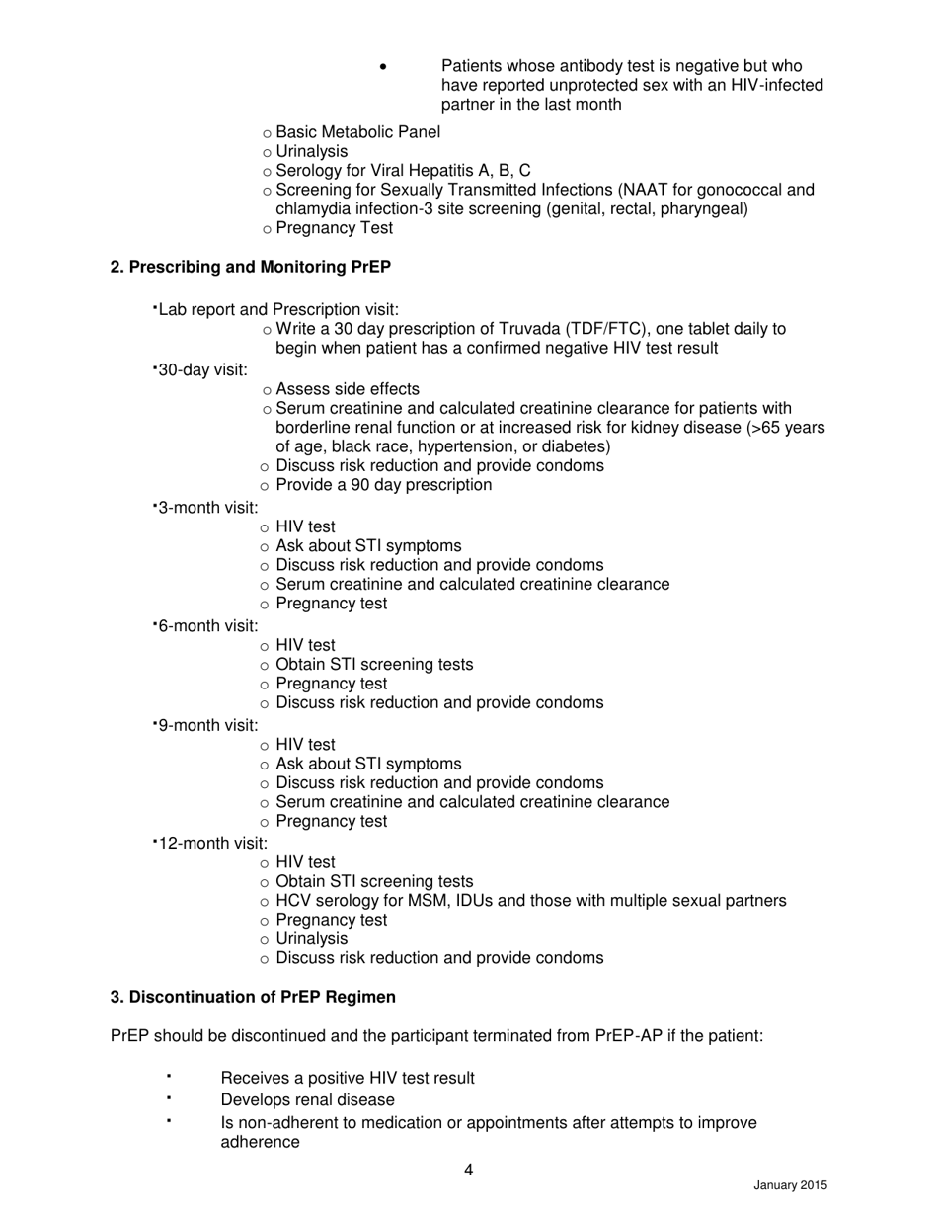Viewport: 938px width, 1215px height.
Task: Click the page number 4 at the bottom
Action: click(x=468, y=1171)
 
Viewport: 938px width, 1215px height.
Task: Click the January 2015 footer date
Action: click(x=790, y=1185)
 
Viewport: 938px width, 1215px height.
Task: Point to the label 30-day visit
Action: click(x=202, y=369)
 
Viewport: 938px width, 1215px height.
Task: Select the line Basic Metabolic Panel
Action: click(x=357, y=132)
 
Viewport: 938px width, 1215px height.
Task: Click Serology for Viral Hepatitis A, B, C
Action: click(x=403, y=171)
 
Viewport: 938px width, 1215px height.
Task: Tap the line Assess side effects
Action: click(x=348, y=389)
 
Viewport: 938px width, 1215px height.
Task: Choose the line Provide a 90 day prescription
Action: click(x=383, y=485)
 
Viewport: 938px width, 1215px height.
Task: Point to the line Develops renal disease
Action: click(x=307, y=1099)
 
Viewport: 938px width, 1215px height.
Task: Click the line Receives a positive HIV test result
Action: click(x=348, y=1078)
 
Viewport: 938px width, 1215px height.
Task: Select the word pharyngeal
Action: click(x=704, y=208)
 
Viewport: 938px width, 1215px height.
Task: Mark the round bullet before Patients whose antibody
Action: click(x=383, y=67)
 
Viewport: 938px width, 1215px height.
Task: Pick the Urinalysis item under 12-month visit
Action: click(x=311, y=938)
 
